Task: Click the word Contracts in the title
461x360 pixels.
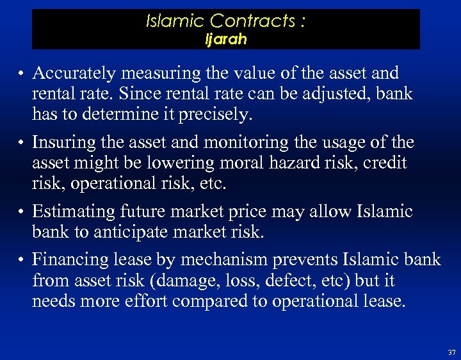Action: click(255, 22)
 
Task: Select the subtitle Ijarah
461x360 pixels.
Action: click(225, 39)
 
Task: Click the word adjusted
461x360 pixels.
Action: click(331, 94)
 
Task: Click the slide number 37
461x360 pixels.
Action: click(452, 353)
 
